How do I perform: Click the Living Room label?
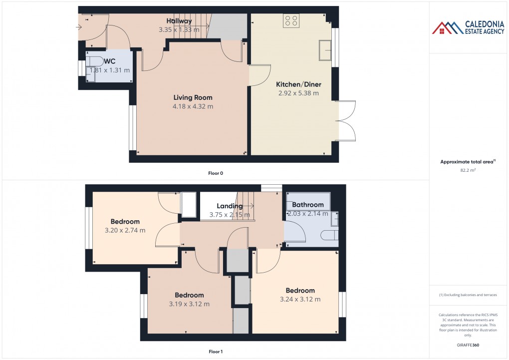[193, 97]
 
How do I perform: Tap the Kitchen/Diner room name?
[298, 84]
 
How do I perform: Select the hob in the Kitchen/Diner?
[291, 20]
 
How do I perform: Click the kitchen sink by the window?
[325, 49]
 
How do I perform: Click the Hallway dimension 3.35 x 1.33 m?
[179, 30]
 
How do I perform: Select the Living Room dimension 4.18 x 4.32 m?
[193, 106]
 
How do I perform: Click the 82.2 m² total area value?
[467, 170]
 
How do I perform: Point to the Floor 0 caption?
[216, 173]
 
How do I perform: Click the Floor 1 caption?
[216, 352]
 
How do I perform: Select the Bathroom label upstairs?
[308, 205]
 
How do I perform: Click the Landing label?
[230, 206]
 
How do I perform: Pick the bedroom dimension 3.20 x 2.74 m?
[125, 231]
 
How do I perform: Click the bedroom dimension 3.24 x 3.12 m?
[300, 300]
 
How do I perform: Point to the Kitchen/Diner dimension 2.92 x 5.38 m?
[298, 93]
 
